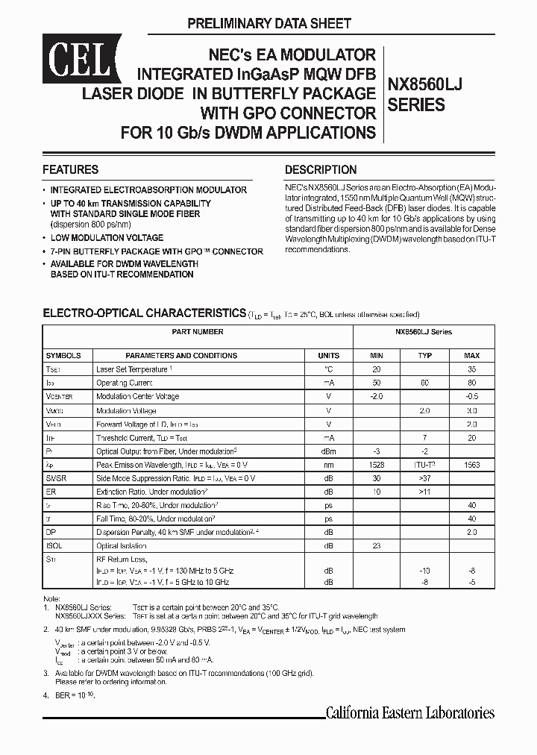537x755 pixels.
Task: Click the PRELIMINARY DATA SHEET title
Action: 268,24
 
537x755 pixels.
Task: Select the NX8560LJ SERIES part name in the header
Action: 424,95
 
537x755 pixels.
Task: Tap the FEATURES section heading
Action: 70,169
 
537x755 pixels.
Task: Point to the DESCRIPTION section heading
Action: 321,169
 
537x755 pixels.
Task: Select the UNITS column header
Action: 328,356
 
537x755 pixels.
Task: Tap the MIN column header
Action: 377,356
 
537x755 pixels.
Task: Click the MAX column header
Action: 471,356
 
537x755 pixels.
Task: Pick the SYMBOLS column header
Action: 63,356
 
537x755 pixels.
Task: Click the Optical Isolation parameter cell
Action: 124,546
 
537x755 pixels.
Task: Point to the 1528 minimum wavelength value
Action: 377,465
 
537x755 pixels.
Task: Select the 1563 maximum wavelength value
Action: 471,465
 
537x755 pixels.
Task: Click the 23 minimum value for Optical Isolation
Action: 377,546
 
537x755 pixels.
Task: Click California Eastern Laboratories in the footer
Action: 409,712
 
